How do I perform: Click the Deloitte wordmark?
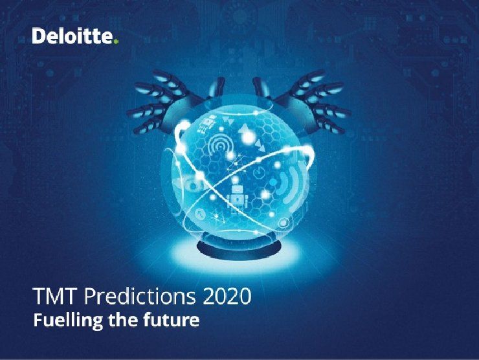click(x=72, y=36)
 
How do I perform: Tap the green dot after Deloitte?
click(x=115, y=41)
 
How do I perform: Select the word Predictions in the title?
click(x=140, y=296)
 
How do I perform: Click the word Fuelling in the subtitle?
click(x=68, y=321)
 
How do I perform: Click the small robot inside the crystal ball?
click(x=236, y=198)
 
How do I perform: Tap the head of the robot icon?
click(x=236, y=190)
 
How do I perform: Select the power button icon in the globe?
click(x=259, y=172)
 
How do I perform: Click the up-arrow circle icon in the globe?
click(x=200, y=214)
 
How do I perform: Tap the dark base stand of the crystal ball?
click(x=240, y=245)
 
